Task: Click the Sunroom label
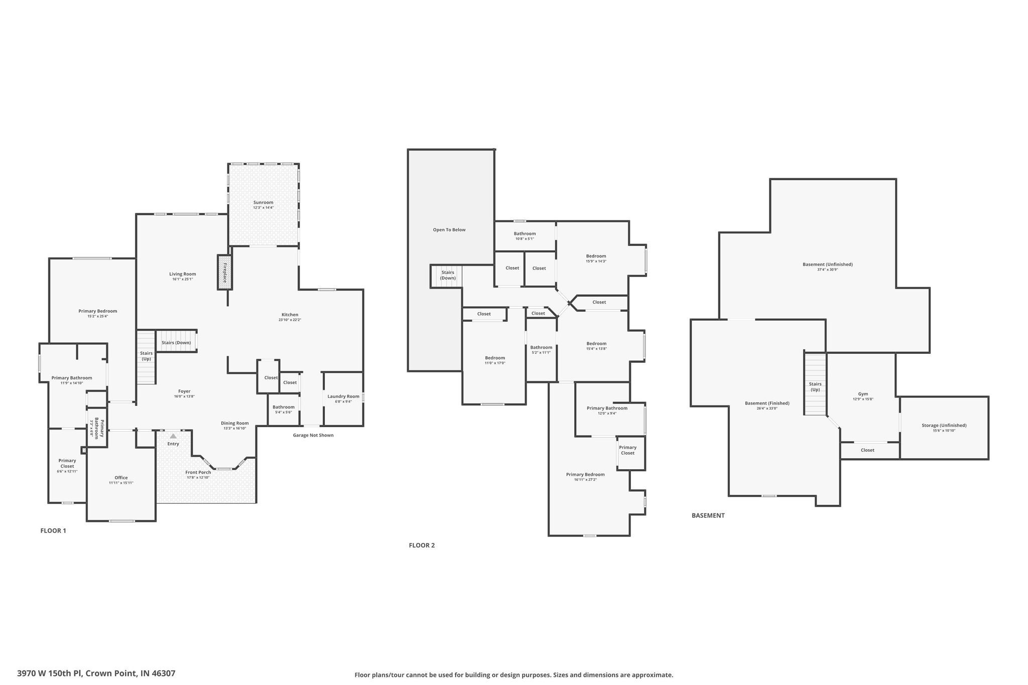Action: point(263,202)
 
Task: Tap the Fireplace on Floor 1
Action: point(225,272)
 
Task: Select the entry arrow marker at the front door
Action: point(173,436)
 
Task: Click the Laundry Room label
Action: point(343,396)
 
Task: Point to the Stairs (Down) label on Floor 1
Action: point(176,343)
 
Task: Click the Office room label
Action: point(121,478)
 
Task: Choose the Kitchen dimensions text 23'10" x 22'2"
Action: point(290,320)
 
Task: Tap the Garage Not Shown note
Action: point(313,435)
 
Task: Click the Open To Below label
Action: point(449,230)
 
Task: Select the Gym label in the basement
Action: point(863,394)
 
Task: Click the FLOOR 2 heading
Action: point(422,545)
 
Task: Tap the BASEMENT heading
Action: point(708,515)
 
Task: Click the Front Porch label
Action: point(198,472)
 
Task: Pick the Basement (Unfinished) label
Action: point(827,264)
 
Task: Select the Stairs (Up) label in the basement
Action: point(815,386)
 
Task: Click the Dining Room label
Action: point(235,423)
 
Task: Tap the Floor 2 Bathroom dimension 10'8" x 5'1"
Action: point(525,239)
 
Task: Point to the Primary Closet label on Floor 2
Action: point(627,450)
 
